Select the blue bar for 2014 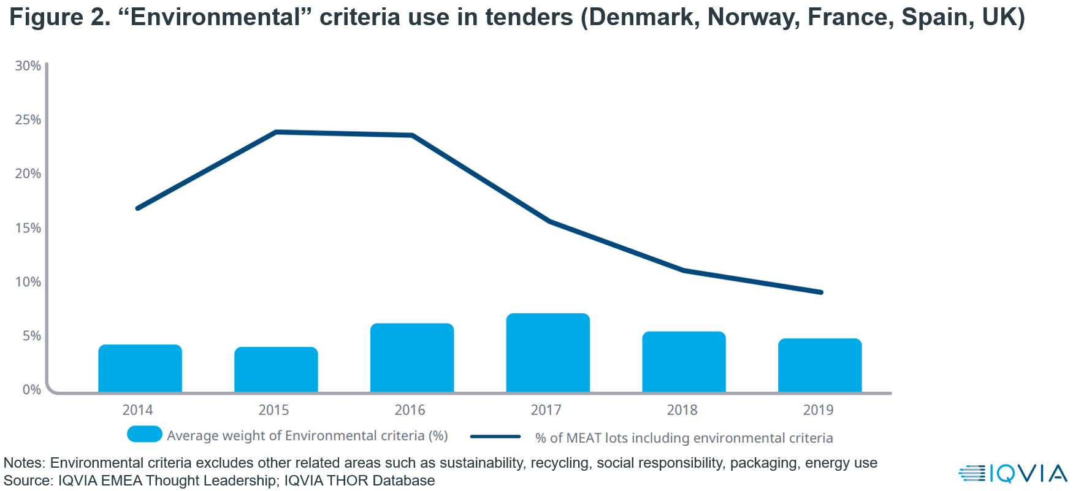point(140,368)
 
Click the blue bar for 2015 point(276,370)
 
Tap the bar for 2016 point(412,358)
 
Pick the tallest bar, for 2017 point(548,353)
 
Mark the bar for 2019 point(820,365)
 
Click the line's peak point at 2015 point(277,132)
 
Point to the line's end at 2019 point(820,292)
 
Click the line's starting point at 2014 point(138,208)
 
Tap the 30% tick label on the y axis point(28,66)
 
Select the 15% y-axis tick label point(28,228)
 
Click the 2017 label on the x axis point(546,410)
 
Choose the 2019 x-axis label point(818,410)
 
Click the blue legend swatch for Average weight point(145,434)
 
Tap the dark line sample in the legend point(495,437)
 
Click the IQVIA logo point(1013,473)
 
